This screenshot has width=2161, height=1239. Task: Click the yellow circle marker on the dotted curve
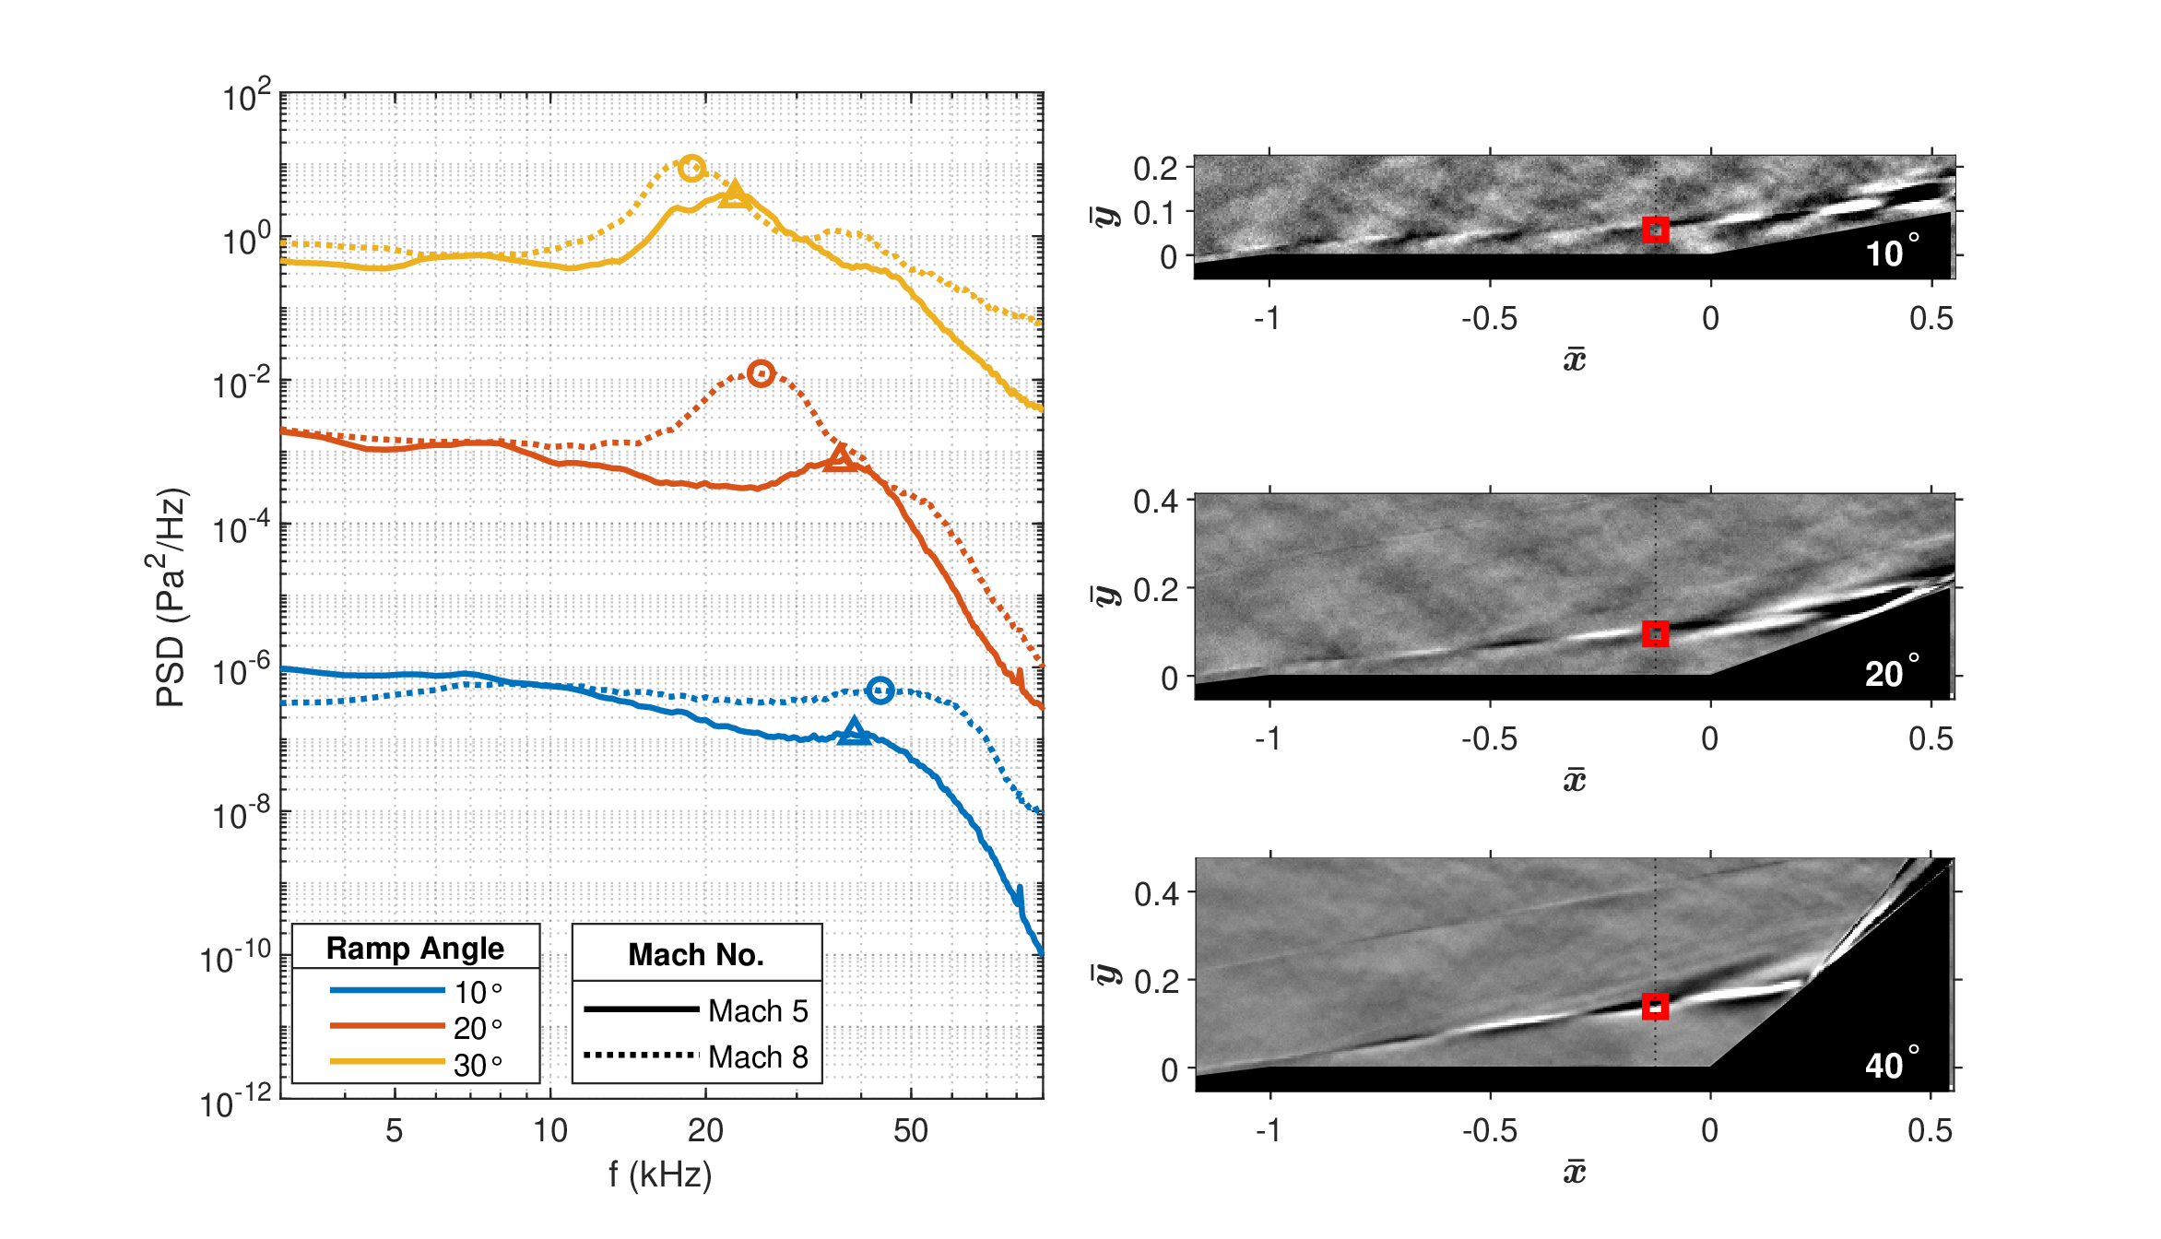click(692, 168)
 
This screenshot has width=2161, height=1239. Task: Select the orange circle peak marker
click(761, 373)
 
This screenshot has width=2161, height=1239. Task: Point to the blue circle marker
click(880, 690)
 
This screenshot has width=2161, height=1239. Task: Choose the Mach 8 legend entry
click(696, 1056)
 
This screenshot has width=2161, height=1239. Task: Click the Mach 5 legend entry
click(696, 1010)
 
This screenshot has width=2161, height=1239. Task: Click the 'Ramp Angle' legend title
click(415, 949)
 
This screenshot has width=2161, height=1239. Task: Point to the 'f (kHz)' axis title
click(660, 1174)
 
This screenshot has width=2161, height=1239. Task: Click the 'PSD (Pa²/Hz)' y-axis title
click(171, 597)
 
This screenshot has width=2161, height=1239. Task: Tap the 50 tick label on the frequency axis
click(911, 1131)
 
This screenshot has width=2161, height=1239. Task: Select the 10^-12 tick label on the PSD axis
click(236, 1101)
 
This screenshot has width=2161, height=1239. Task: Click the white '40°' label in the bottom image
click(1893, 1063)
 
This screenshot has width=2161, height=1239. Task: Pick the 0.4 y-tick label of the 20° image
click(1156, 501)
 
